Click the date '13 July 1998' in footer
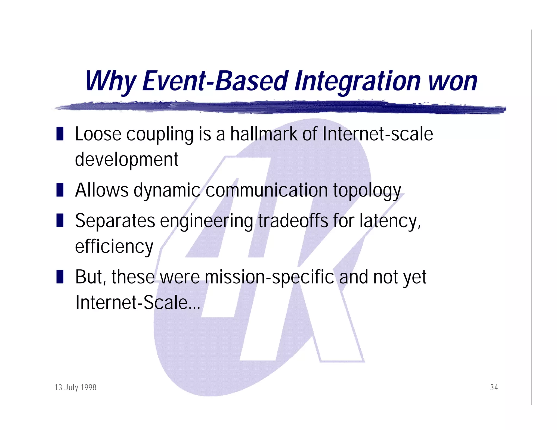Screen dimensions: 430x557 click(75, 387)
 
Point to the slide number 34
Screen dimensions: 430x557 click(494, 387)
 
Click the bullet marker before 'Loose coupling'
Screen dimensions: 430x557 click(60, 134)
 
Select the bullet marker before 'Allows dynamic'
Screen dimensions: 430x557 click(60, 190)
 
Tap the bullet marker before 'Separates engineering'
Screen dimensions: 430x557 click(60, 220)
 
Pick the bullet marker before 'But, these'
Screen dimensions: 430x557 click(60, 277)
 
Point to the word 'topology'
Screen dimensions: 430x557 click(367, 190)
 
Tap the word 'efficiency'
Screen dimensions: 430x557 click(114, 246)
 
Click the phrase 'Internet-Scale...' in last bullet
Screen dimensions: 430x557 click(138, 302)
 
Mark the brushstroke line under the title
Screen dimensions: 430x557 click(280, 107)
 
